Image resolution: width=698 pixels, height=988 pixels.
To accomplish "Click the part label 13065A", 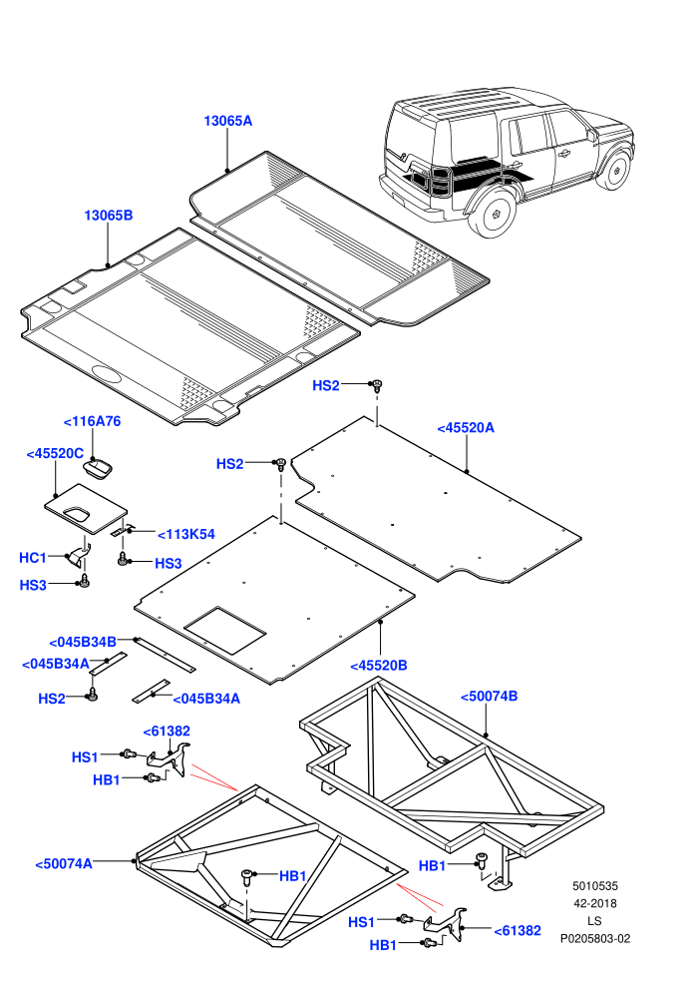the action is (x=227, y=121).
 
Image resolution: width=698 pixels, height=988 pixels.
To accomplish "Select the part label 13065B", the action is (x=109, y=216).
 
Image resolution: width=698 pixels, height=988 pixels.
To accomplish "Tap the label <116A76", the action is (x=93, y=421).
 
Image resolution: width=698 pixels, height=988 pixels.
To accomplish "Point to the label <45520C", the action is (x=55, y=454).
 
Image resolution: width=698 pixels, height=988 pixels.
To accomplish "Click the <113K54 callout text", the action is (x=186, y=534).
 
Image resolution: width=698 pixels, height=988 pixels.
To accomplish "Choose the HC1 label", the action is (x=33, y=558).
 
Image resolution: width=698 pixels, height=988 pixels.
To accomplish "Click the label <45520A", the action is (x=466, y=428).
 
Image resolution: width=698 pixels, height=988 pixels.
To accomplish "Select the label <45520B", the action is (x=379, y=666).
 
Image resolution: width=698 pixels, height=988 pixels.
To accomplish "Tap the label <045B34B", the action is (x=83, y=642).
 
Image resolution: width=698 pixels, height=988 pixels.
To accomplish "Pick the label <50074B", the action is (x=489, y=697).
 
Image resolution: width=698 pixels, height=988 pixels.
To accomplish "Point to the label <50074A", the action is (x=64, y=864).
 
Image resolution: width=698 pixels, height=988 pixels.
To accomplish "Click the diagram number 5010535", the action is (x=594, y=886).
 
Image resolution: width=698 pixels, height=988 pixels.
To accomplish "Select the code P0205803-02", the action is (x=594, y=939).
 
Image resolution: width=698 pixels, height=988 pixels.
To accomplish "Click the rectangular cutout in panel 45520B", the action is (x=224, y=630).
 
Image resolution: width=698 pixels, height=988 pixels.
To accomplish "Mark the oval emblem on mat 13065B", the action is (x=107, y=373).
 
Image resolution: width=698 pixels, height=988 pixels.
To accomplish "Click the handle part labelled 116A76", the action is (x=98, y=469).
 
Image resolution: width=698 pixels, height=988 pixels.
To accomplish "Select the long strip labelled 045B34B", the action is (x=165, y=655).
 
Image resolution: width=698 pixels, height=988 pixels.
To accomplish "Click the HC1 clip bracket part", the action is (x=80, y=555).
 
